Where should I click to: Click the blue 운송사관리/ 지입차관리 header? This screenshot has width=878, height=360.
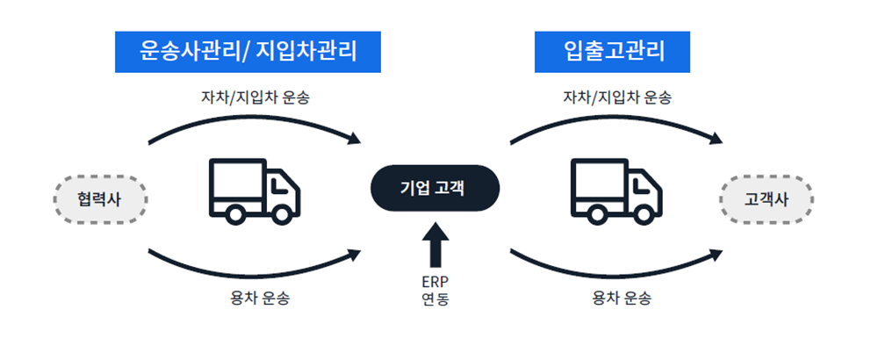248,52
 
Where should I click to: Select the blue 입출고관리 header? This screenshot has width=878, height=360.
613,52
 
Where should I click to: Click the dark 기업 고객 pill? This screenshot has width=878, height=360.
434,188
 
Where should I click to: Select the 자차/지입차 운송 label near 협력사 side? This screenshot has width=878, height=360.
255,97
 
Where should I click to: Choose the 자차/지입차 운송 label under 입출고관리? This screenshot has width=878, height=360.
616,97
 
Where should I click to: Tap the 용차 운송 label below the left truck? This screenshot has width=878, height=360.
255,299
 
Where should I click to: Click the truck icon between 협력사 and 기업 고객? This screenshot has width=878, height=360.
255,189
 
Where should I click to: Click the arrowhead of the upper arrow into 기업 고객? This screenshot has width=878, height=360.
356,139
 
